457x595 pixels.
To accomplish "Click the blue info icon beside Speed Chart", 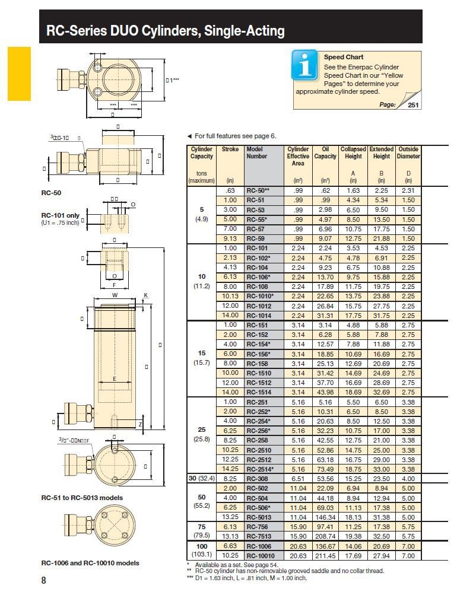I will click(x=304, y=65).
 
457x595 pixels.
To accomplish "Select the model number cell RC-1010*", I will click(x=260, y=296).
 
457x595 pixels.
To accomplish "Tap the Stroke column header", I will click(x=230, y=150).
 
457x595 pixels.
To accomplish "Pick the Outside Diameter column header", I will click(x=408, y=153).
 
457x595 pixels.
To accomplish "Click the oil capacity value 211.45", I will click(x=326, y=555).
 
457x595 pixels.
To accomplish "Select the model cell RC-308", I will click(x=258, y=478).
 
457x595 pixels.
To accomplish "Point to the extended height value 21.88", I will click(x=381, y=238).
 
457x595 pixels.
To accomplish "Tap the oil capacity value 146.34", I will click(x=326, y=517).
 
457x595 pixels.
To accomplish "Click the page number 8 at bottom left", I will click(x=43, y=581).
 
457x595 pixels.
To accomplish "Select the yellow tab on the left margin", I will click(x=18, y=74).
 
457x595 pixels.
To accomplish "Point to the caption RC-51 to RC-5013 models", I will click(x=81, y=497).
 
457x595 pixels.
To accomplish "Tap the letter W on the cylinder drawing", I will click(x=115, y=295).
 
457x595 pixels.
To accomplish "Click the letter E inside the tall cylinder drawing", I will click(x=115, y=378).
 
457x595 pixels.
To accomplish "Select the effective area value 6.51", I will click(x=297, y=478).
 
